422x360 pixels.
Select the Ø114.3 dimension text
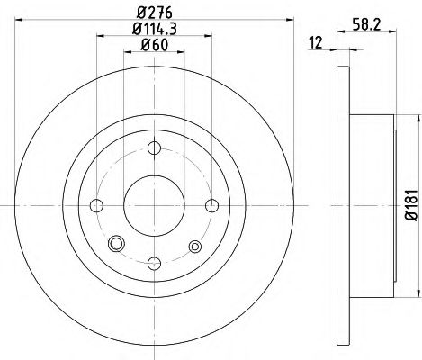click(x=154, y=29)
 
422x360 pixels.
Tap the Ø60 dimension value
click(x=154, y=47)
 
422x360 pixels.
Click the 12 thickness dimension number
click(x=317, y=43)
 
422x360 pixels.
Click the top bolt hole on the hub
click(x=154, y=148)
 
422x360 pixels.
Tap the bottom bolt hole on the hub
click(x=154, y=262)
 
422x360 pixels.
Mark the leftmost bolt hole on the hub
click(x=97, y=205)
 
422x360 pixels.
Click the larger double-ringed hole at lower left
click(x=114, y=245)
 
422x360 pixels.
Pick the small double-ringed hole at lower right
click(x=194, y=245)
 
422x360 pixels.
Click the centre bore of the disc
click(x=154, y=205)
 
